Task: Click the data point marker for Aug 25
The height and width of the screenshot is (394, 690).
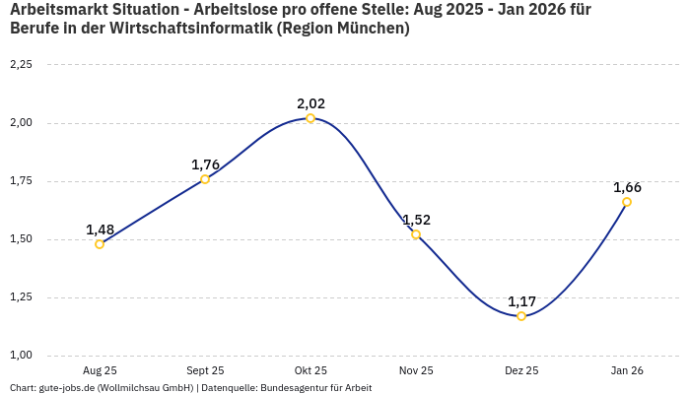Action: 100,244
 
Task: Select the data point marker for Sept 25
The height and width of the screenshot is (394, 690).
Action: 205,179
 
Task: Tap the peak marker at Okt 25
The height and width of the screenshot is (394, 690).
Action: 310,118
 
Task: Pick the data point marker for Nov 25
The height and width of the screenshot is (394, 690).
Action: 416,234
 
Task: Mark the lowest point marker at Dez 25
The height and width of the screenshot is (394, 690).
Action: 521,316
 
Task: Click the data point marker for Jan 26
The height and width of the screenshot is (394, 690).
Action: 627,202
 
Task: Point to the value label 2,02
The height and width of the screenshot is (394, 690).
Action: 310,103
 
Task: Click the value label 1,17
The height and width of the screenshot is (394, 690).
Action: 521,301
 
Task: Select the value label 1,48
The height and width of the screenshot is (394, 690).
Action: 100,230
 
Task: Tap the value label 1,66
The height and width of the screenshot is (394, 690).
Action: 627,187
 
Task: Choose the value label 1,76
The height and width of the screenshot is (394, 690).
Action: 205,164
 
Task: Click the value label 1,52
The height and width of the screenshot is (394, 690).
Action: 416,220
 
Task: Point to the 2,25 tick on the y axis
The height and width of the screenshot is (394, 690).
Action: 21,65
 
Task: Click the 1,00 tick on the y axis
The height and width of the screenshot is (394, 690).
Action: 21,356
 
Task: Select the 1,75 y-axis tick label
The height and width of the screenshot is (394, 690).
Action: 21,181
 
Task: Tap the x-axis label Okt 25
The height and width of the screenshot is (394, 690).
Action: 310,371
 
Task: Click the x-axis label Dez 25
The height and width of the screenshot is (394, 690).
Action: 521,371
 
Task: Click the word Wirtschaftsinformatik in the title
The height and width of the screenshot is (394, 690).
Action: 192,28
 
